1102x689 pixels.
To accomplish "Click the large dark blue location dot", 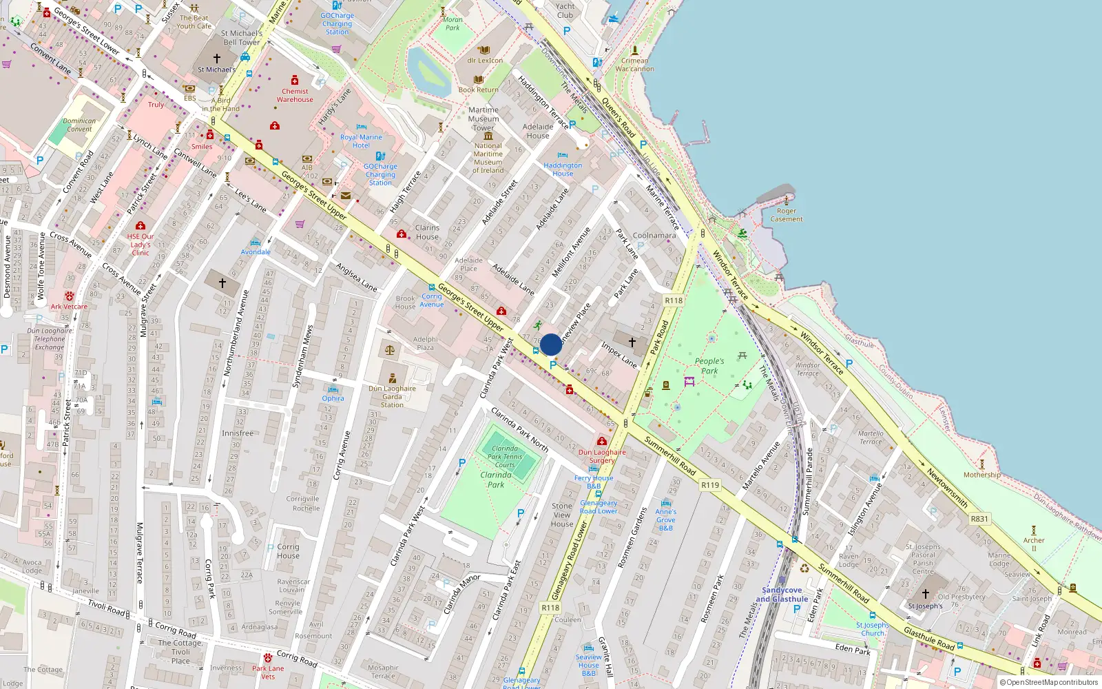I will click(551, 344).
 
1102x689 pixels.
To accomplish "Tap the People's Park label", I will click(709, 366).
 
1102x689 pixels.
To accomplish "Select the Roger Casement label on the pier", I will click(787, 215).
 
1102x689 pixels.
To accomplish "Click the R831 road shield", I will click(979, 519).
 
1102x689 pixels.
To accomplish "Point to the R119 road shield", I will click(710, 485).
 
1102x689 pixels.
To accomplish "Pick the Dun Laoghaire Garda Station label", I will click(392, 396).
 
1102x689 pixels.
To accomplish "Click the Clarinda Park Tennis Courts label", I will click(505, 456).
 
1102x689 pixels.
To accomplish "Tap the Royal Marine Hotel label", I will click(361, 141).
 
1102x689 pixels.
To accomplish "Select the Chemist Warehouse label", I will click(295, 95).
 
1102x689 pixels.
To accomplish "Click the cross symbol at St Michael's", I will click(217, 59).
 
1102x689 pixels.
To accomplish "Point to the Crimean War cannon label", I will click(634, 65).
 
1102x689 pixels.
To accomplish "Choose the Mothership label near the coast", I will click(982, 475).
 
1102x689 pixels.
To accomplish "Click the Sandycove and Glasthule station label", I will click(782, 595).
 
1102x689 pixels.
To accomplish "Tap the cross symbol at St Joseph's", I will click(926, 594).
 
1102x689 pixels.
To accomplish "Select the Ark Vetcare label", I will click(69, 307).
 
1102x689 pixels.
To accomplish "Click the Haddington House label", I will click(563, 169).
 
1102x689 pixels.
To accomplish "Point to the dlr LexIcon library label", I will click(485, 60).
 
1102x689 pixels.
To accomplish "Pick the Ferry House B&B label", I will click(594, 482).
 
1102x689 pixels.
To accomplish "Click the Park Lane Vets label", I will click(268, 672).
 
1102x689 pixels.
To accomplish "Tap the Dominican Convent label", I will click(79, 125).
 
